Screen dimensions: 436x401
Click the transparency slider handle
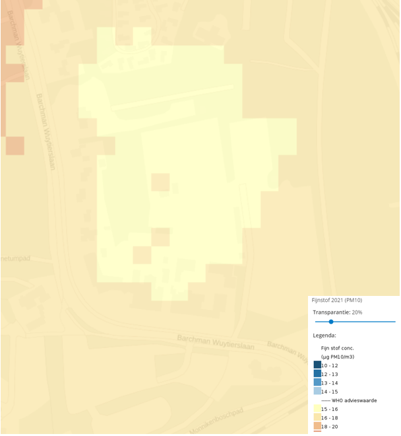331,322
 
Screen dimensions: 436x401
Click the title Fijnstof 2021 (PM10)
336,300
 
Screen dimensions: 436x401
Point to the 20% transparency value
357,312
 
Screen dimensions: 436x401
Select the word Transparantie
331,312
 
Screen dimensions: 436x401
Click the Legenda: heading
324,335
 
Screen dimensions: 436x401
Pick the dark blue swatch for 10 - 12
317,365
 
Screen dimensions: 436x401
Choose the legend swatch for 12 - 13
317,374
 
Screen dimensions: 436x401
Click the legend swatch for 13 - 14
317,382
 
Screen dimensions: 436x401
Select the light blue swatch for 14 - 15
317,392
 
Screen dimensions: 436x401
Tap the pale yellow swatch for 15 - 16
317,409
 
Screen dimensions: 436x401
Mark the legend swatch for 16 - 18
317,418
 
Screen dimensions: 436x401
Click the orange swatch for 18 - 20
317,426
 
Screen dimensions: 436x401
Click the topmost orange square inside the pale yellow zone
160,182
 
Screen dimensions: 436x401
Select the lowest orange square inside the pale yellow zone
142,254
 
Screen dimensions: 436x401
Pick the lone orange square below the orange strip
15,145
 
